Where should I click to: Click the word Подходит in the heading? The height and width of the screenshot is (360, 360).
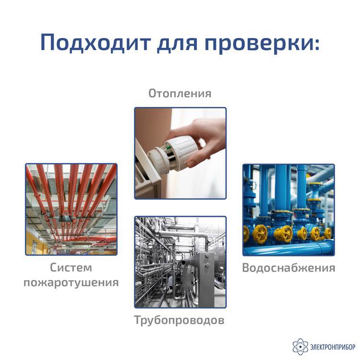[x=96, y=42]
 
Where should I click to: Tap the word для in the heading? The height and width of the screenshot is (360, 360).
[x=177, y=44]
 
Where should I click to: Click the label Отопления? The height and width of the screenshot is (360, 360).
[x=180, y=94]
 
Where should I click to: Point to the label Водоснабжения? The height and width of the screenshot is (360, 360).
[x=288, y=268]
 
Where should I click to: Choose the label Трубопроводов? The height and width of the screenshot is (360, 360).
[x=179, y=320]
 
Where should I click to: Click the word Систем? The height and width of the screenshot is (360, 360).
[x=71, y=267]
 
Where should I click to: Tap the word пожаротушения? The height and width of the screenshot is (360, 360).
[x=71, y=283]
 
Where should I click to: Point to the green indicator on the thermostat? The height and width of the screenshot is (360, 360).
[x=168, y=147]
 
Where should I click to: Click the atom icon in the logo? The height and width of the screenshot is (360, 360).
[x=300, y=347]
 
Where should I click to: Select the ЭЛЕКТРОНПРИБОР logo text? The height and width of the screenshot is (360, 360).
[x=333, y=347]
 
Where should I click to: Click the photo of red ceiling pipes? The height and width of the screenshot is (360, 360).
[x=71, y=209]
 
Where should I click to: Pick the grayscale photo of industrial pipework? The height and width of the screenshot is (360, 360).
[x=180, y=262]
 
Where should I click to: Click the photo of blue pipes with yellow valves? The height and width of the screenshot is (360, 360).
[x=288, y=210]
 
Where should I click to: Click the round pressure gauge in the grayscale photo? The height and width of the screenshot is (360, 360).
[x=210, y=239]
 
